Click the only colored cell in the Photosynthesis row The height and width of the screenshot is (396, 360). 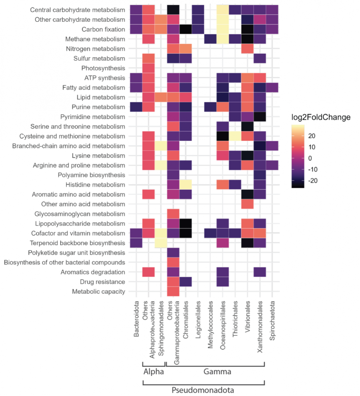tap(148, 68)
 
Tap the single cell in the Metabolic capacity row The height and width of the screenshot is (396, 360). tap(173, 291)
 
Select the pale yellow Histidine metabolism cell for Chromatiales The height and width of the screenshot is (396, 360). tap(186, 184)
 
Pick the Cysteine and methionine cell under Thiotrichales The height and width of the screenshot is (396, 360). tap(235, 136)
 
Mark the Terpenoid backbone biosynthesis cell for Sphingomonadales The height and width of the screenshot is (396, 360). tap(161, 243)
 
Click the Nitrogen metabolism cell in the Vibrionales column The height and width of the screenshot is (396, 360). tap(247, 49)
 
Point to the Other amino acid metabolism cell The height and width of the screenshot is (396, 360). tap(247, 204)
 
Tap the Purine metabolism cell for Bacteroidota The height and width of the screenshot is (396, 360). tap(136, 107)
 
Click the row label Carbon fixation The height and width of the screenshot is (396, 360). tap(103, 29)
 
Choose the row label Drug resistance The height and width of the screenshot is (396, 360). tap(102, 282)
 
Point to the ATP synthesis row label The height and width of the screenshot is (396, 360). tap(105, 78)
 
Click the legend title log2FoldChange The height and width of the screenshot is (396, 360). tap(321, 117)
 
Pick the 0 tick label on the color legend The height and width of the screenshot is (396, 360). tap(310, 158)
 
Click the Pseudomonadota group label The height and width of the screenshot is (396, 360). tap(203, 390)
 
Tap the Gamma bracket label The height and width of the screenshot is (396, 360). tap(217, 372)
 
